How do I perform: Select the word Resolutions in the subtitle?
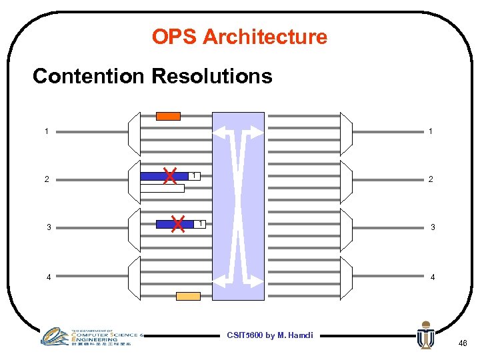pyautogui.click(x=212, y=77)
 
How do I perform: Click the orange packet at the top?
pyautogui.click(x=168, y=116)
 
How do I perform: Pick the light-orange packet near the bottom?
pyautogui.click(x=188, y=296)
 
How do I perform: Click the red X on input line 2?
pyautogui.click(x=170, y=176)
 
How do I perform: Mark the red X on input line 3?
pyautogui.click(x=178, y=224)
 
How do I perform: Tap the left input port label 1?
pyautogui.click(x=47, y=131)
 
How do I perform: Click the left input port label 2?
pyautogui.click(x=47, y=179)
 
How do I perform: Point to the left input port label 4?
pyautogui.click(x=48, y=277)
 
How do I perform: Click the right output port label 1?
pyautogui.click(x=431, y=131)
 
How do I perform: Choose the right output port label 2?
pyautogui.click(x=431, y=179)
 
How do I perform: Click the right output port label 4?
pyautogui.click(x=432, y=277)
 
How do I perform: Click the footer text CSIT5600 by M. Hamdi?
pyautogui.click(x=269, y=335)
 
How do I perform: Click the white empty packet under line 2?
pyautogui.click(x=162, y=189)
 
